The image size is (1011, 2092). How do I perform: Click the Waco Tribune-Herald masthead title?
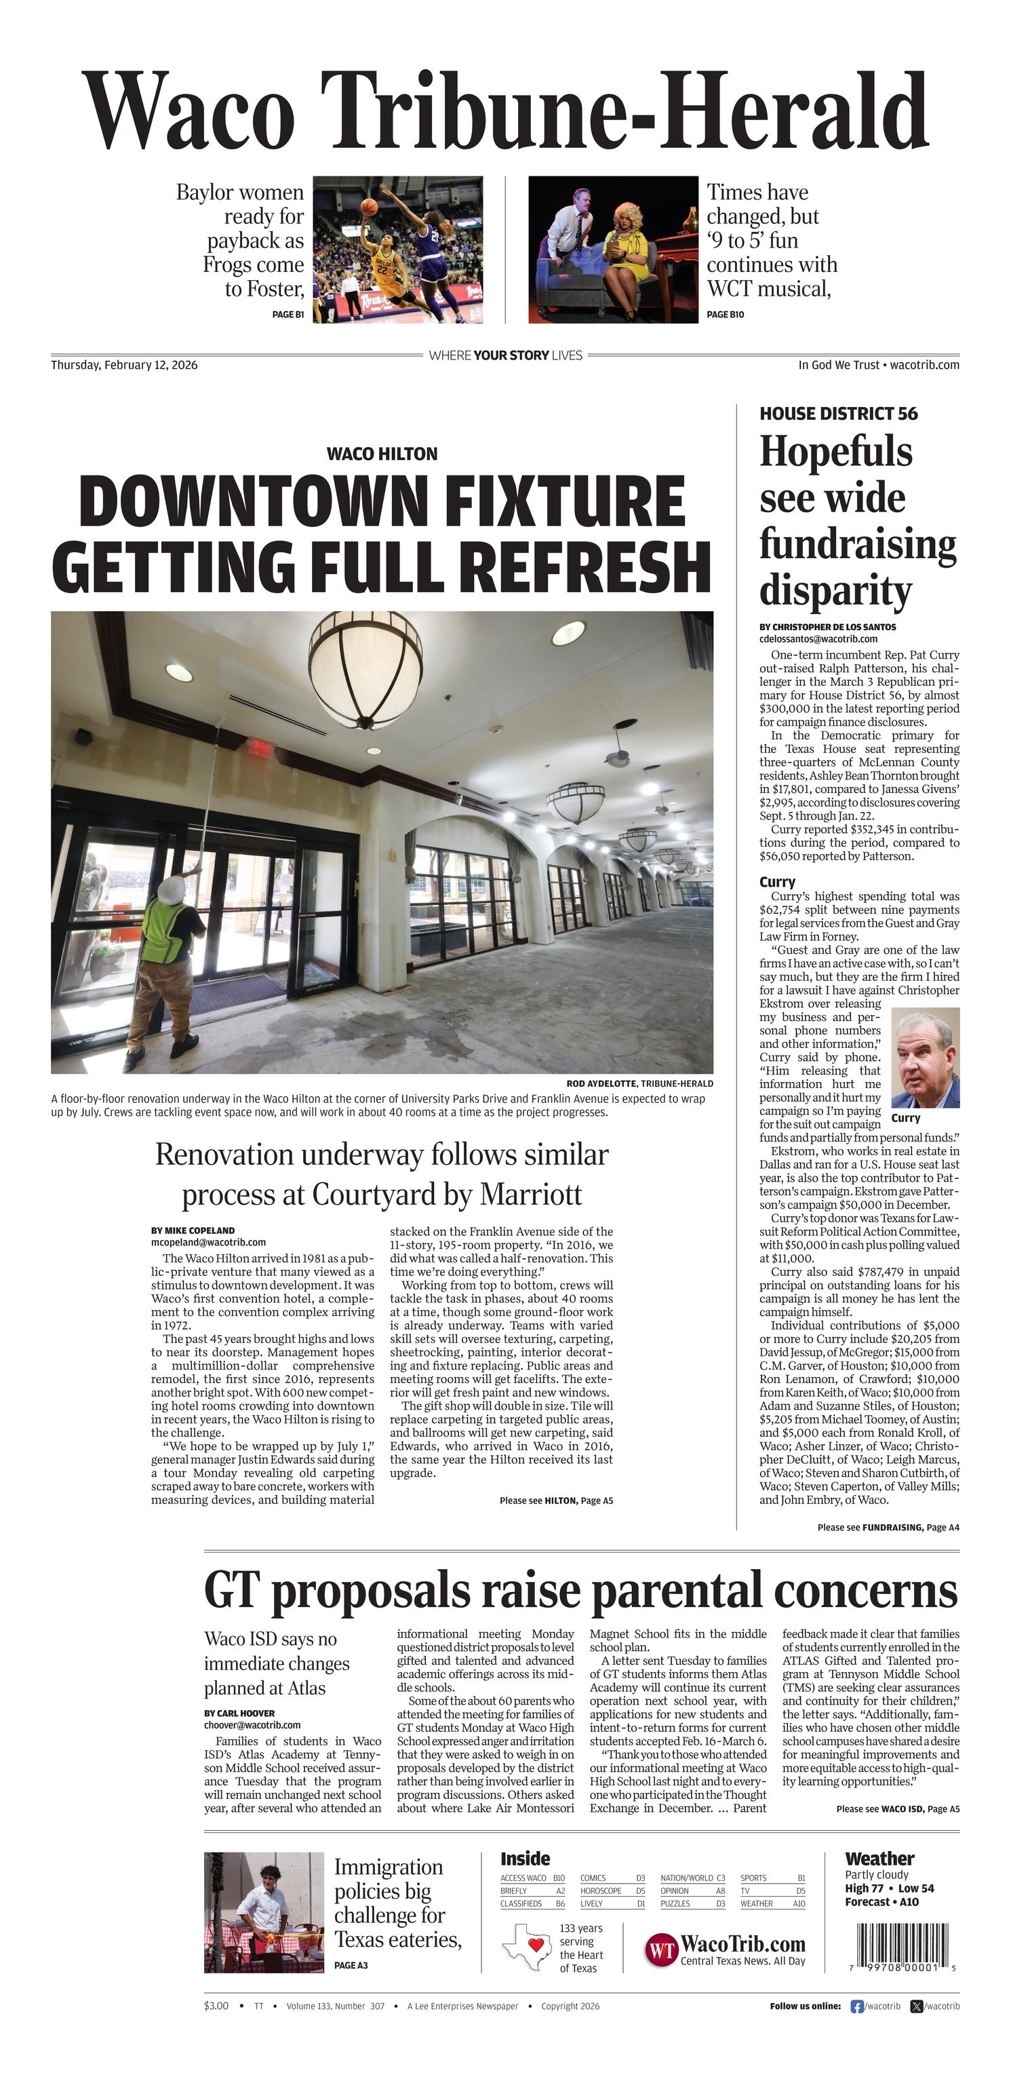tap(505, 112)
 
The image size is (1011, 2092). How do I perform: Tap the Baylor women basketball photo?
tap(398, 250)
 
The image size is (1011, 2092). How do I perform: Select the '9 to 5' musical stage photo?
tap(613, 250)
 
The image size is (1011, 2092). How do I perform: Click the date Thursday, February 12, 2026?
tap(124, 366)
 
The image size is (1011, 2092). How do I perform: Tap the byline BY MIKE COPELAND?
tap(193, 1231)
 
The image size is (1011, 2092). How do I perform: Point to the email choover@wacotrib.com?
tap(252, 1725)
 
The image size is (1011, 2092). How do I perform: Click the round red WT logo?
tap(661, 1950)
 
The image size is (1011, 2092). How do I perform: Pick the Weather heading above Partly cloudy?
tap(879, 1859)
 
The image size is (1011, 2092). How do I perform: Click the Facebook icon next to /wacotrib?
tap(856, 2006)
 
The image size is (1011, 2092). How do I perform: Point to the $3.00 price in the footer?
tap(216, 2006)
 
